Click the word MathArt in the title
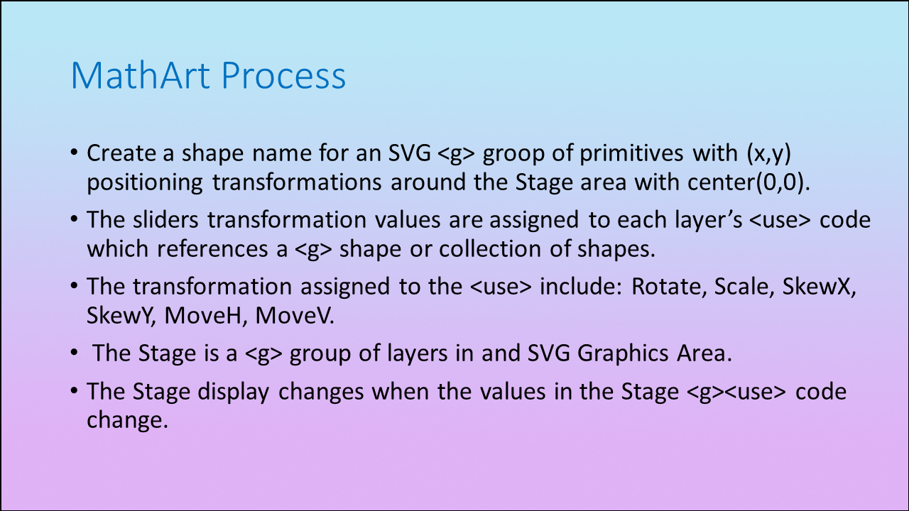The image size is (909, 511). (141, 75)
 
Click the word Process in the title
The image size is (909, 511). (283, 76)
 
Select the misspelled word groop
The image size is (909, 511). (513, 155)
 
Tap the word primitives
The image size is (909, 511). (631, 153)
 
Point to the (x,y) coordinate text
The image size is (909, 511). (769, 154)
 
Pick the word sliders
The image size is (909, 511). (165, 220)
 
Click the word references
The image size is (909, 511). (212, 249)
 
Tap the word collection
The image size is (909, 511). (490, 249)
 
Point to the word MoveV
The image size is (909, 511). (295, 316)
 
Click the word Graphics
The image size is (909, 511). (623, 353)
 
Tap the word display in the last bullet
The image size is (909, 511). (234, 392)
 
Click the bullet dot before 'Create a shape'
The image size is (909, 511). (74, 153)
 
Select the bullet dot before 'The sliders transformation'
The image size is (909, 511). (74, 219)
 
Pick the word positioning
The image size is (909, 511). (145, 183)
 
